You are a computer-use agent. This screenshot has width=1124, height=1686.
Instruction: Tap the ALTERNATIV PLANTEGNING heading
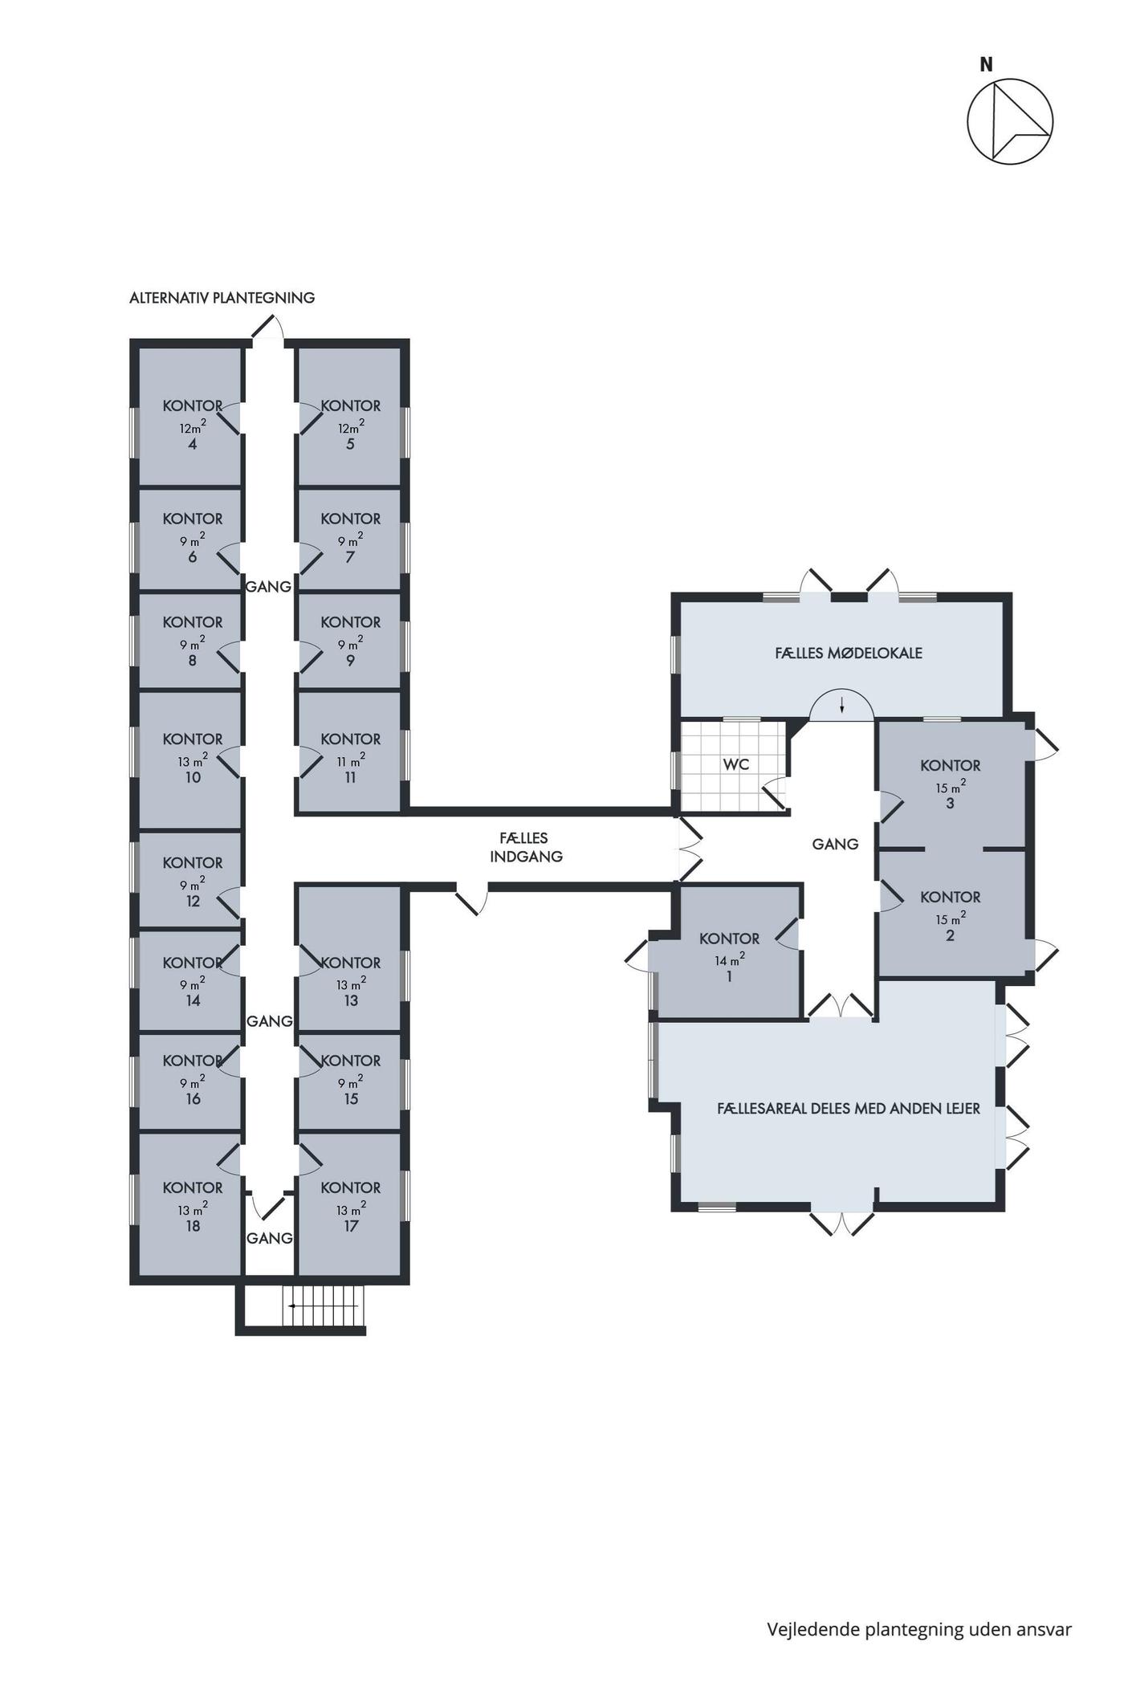coord(222,298)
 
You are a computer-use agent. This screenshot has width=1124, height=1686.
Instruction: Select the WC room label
coord(736,764)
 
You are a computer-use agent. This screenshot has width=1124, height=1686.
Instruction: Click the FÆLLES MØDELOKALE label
coord(849,653)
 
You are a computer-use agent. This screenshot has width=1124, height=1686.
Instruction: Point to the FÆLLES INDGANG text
coord(526,847)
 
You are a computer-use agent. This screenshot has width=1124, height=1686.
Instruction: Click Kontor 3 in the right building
coord(951,784)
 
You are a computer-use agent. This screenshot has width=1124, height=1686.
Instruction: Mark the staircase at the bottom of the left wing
coord(323,1306)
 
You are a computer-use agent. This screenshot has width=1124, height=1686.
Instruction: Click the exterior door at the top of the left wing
coord(268,328)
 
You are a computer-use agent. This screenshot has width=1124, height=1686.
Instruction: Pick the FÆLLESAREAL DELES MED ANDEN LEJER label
coord(849,1109)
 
